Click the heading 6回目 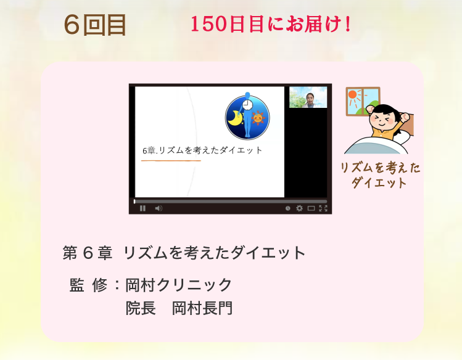(x=95, y=25)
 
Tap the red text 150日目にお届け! (x=271, y=24)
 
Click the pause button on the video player (x=143, y=208)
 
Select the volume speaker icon (x=159, y=208)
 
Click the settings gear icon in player (x=299, y=208)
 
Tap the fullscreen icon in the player (x=323, y=208)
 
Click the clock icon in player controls (x=288, y=208)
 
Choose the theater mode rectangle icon (x=311, y=208)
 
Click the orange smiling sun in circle (x=258, y=118)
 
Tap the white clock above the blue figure (x=248, y=104)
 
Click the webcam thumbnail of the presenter (x=308, y=97)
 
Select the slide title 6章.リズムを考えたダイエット (x=202, y=150)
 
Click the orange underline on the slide (x=171, y=161)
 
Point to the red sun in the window (x=352, y=94)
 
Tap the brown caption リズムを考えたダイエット (x=380, y=175)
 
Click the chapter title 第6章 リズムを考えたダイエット (x=184, y=253)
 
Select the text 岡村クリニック (x=179, y=285)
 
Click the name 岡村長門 (x=202, y=308)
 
